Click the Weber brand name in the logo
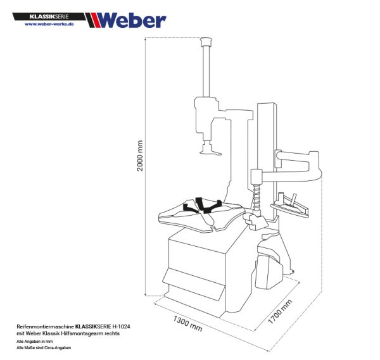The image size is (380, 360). [132, 20]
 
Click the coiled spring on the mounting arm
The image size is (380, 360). [257, 197]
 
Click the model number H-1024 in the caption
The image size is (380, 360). [124, 325]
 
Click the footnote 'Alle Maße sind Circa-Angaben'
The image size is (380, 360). [44, 348]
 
